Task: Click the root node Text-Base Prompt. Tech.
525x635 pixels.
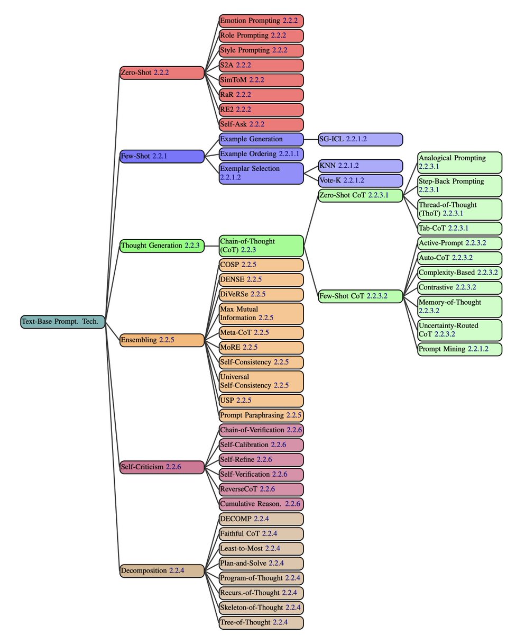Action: tap(63, 321)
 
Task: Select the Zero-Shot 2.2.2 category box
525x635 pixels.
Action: tap(162, 72)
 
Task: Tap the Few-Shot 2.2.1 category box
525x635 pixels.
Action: tap(162, 156)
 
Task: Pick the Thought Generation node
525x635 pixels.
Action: tap(162, 246)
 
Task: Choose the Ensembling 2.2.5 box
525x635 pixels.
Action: tap(162, 340)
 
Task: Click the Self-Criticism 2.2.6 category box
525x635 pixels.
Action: tap(162, 467)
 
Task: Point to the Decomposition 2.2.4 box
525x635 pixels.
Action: tap(162, 570)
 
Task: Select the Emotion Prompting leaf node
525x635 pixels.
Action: tap(261, 21)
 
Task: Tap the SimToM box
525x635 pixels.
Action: tap(261, 80)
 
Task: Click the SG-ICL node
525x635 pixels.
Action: tap(360, 139)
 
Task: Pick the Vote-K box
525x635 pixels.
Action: tap(360, 180)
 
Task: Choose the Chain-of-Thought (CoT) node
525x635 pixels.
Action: tap(261, 246)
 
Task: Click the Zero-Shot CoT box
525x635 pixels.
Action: tap(360, 195)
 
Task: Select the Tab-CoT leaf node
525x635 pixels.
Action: tap(459, 228)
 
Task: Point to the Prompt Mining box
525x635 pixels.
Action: tap(459, 349)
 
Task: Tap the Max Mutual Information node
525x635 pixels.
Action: tap(261, 313)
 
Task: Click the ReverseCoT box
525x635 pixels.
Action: tap(261, 489)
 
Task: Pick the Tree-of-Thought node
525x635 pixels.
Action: tap(261, 622)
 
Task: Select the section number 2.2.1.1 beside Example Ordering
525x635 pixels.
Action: tap(289, 154)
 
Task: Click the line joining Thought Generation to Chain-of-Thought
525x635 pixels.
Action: tap(211, 246)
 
